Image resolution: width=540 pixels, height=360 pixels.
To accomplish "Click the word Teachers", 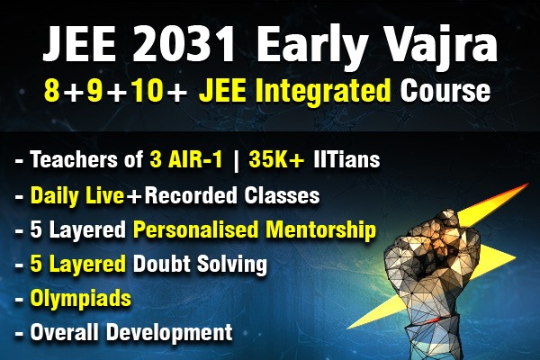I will tap(71, 162).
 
